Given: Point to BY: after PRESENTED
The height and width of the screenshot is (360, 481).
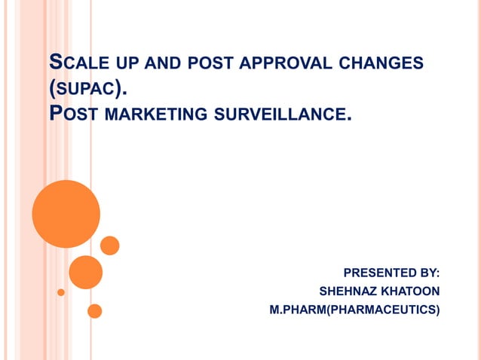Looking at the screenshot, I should point(427,272).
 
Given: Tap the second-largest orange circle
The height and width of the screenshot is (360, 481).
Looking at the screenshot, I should point(85,272).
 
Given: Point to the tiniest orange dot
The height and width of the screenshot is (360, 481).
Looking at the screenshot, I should point(61,292).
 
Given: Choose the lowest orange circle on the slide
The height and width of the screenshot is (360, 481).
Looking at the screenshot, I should point(95,310).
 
